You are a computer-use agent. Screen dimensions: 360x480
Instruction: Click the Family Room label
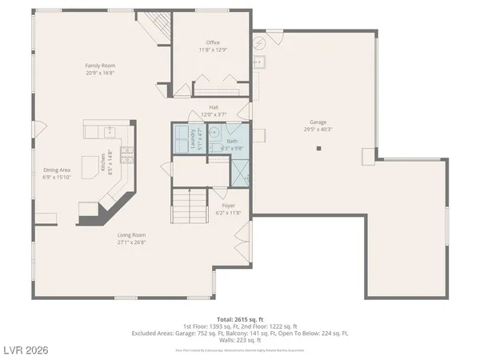coord(101,65)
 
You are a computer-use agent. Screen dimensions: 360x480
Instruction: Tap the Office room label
coord(212,42)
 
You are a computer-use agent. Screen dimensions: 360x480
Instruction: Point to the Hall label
coord(214,107)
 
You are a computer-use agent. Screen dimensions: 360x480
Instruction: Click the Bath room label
coord(232,141)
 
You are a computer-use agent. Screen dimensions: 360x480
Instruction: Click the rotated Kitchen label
coord(103,162)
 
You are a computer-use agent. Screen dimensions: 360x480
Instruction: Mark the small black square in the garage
coord(318,148)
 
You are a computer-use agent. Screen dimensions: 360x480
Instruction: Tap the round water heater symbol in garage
coord(260,42)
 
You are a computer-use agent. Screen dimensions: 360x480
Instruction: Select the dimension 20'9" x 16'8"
coord(101,72)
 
